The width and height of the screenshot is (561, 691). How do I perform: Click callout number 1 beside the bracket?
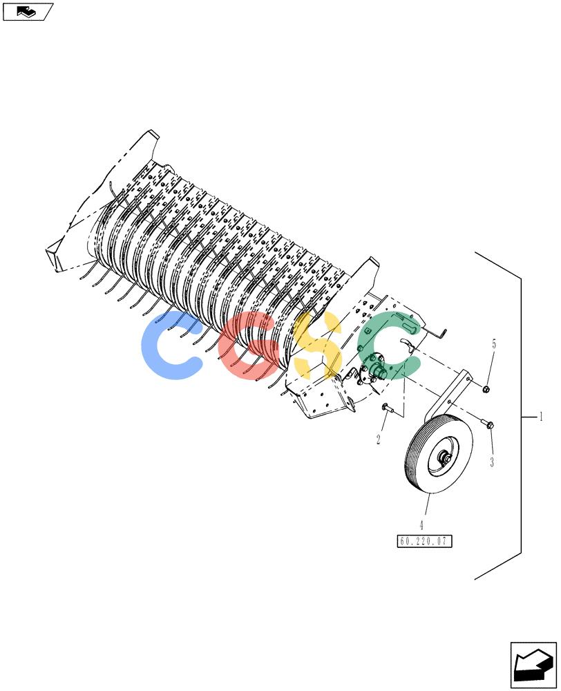(x=541, y=417)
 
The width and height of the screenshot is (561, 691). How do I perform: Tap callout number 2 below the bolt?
(x=378, y=439)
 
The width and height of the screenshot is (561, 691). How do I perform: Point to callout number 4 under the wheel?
(x=421, y=525)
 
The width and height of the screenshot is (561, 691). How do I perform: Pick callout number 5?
(x=493, y=343)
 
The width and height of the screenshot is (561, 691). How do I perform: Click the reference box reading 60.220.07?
(x=424, y=541)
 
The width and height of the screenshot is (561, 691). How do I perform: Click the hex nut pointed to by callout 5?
(x=486, y=388)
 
